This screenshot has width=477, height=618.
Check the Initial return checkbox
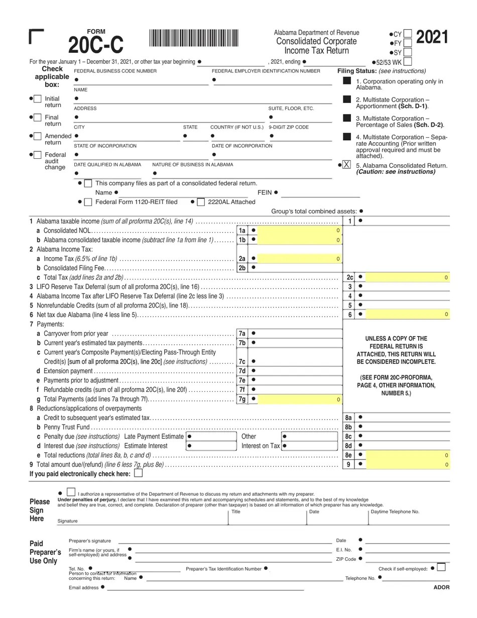[38, 99]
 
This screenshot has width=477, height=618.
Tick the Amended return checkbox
[38, 136]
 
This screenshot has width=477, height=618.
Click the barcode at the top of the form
[194, 39]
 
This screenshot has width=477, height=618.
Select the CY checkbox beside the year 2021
[408, 34]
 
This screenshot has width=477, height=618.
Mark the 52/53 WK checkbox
[408, 62]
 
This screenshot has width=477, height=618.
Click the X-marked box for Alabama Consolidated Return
[346, 165]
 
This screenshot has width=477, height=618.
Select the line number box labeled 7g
[242, 399]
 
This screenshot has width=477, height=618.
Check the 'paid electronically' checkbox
[138, 473]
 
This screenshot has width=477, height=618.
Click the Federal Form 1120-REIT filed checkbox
[88, 202]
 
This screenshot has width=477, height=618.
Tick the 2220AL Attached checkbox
[200, 202]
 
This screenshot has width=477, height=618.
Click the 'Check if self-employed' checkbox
[441, 567]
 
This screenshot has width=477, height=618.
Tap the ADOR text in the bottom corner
[441, 587]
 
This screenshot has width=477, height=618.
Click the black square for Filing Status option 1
[347, 81]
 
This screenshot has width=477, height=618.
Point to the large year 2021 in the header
[432, 37]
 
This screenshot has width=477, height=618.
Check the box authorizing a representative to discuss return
[71, 493]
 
